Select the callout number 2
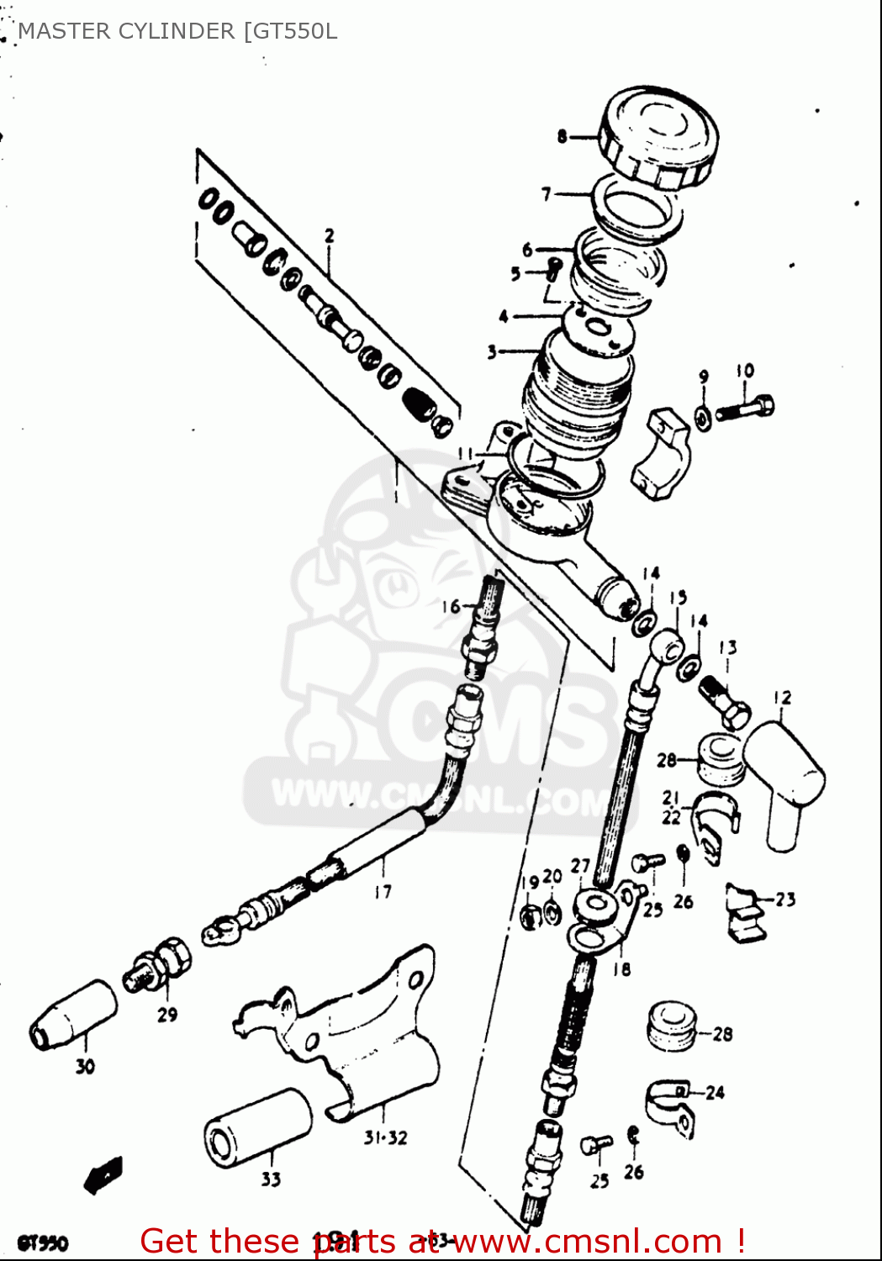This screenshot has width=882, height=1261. tap(329, 236)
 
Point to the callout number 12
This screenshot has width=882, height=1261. tap(782, 697)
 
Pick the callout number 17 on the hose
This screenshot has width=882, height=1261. tap(383, 892)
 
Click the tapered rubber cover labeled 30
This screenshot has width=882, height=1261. tap(73, 1016)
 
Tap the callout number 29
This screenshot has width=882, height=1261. tap(167, 1015)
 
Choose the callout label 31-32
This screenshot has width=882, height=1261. tap(385, 1137)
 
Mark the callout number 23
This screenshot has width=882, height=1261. tap(784, 900)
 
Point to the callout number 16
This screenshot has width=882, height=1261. tap(451, 606)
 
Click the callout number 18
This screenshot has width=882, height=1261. tap(621, 969)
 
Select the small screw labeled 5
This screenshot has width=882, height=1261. tap(553, 270)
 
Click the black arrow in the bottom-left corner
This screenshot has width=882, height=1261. tap(103, 1174)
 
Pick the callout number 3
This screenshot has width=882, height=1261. tap(492, 352)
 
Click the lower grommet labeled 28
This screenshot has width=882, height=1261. tap(671, 1025)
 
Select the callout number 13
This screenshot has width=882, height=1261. tap(727, 647)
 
